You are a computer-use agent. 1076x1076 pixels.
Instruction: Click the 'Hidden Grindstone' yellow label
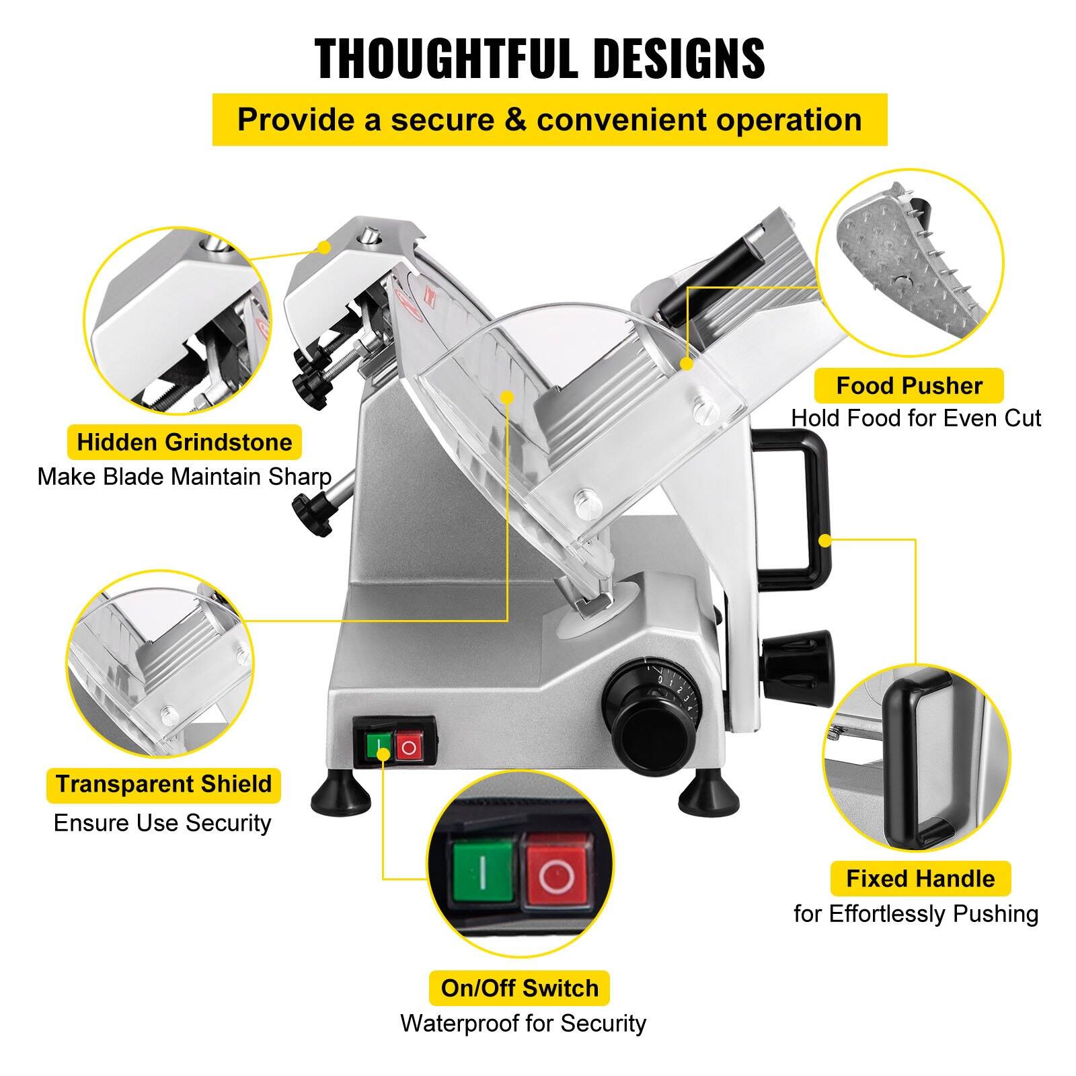[x=184, y=443]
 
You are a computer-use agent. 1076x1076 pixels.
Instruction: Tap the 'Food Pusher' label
[x=909, y=386]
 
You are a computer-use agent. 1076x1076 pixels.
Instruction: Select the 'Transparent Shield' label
[x=163, y=784]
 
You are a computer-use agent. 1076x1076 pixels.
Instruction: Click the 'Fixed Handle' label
[x=920, y=878]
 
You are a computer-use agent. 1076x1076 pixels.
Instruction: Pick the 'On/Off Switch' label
[x=519, y=988]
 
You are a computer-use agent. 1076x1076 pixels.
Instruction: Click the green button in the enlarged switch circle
[x=483, y=873]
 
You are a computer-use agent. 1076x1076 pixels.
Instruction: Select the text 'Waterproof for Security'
[x=523, y=1023]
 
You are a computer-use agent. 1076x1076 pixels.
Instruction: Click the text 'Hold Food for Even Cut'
[x=915, y=418]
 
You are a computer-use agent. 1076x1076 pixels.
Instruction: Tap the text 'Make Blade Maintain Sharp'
[x=184, y=477]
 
